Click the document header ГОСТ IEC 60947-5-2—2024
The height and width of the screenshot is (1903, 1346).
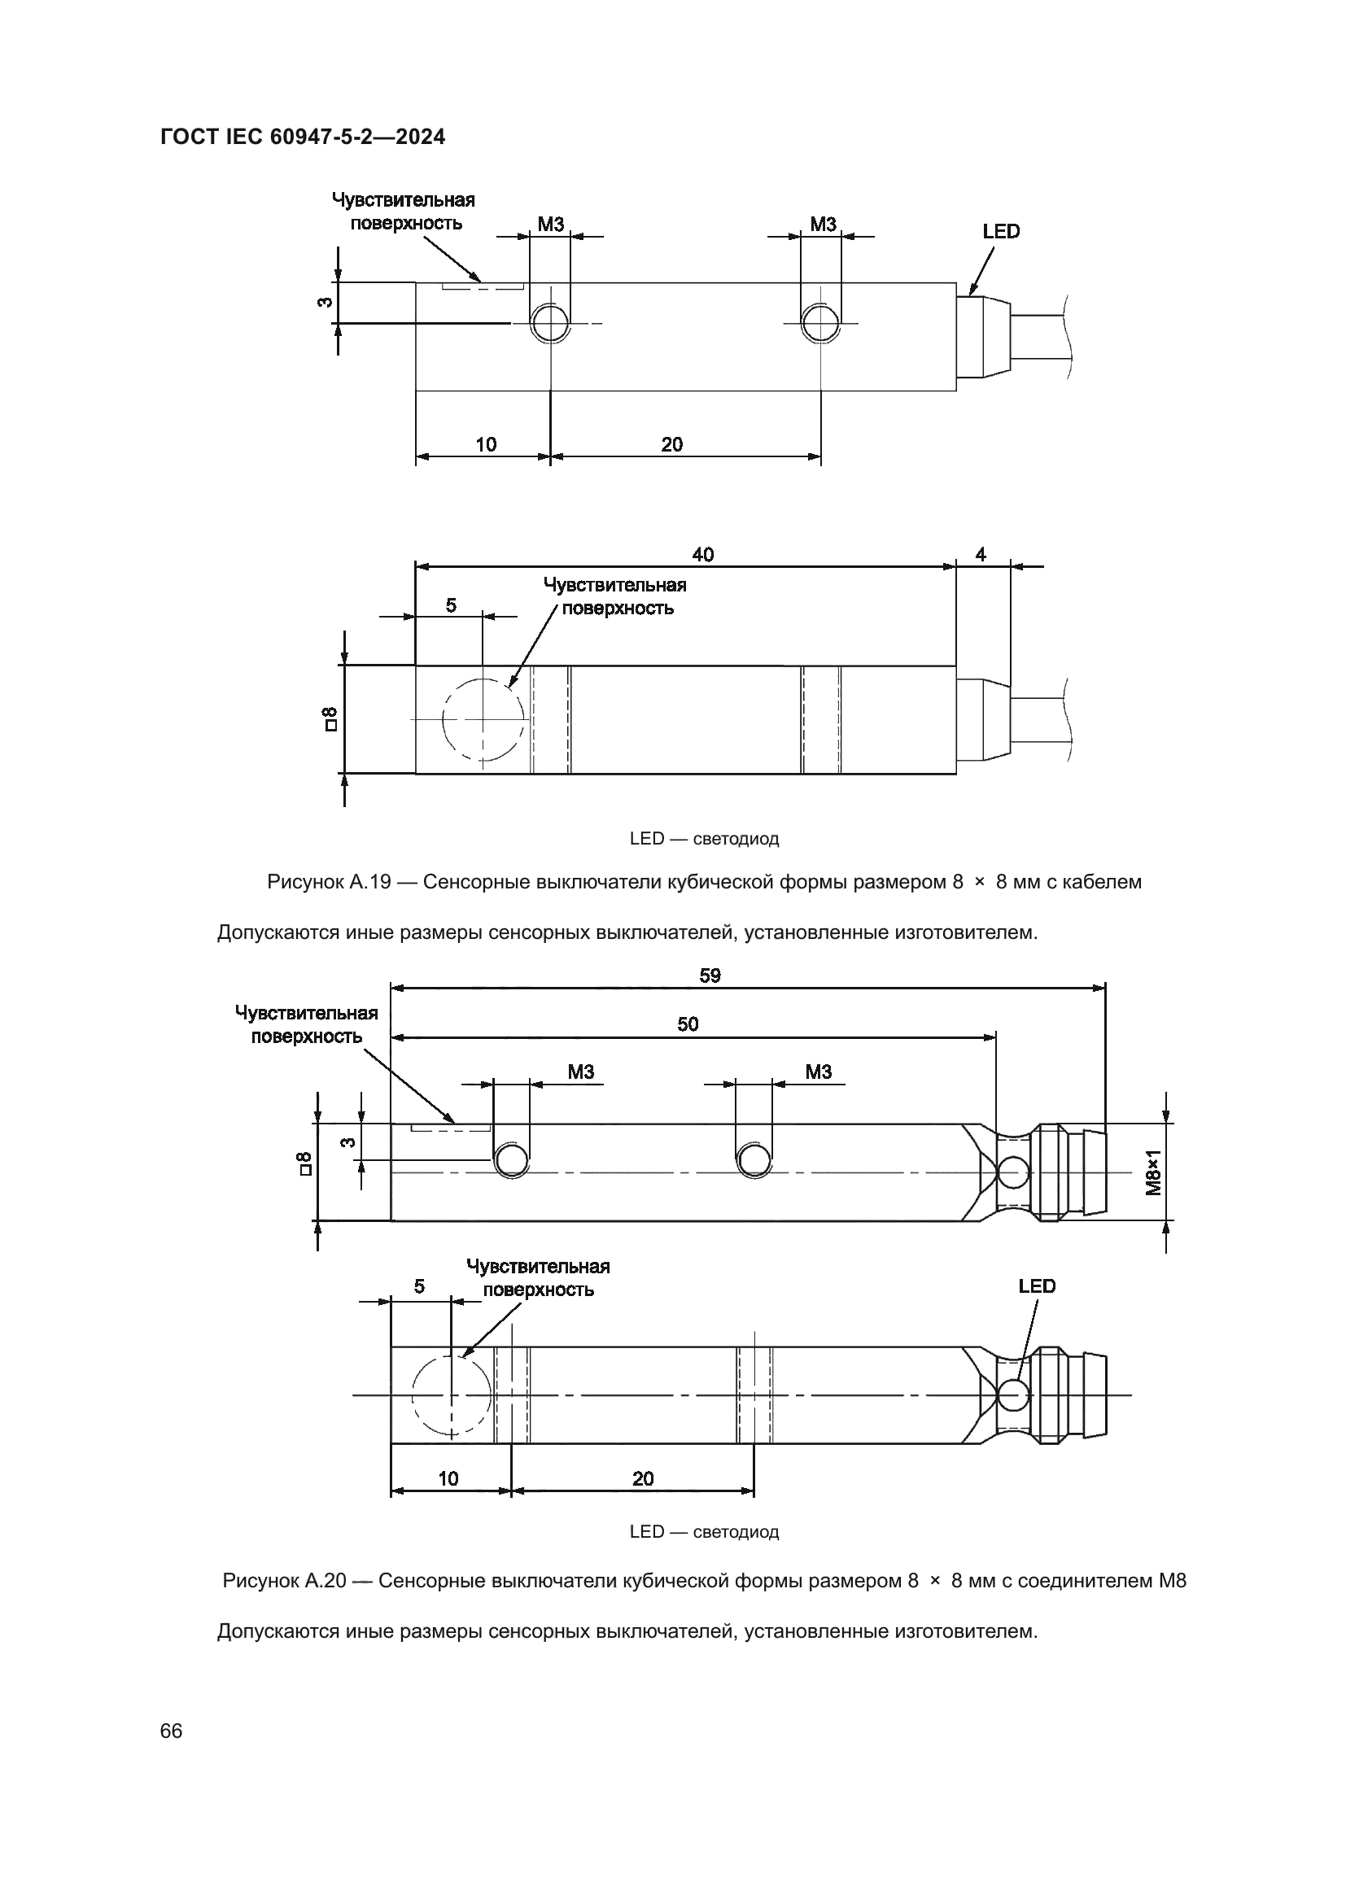[303, 137]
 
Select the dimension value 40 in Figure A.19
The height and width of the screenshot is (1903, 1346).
[702, 555]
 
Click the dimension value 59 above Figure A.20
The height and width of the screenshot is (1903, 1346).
[710, 976]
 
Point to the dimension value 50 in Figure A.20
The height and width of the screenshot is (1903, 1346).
[687, 1024]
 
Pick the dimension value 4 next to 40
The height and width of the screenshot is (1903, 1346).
[981, 555]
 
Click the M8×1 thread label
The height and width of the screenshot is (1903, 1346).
[1153, 1171]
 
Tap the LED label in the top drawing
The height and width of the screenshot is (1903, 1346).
[1000, 231]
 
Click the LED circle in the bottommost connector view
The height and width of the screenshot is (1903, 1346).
[1013, 1395]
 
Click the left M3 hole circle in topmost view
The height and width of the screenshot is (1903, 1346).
[549, 322]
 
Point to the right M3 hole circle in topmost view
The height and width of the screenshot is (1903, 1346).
[819, 322]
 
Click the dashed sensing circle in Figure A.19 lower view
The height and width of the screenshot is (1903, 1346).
[483, 718]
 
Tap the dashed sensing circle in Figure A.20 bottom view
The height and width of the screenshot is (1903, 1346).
[452, 1396]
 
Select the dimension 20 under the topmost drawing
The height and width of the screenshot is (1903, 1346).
[671, 444]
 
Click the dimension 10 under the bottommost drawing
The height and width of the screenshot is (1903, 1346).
[448, 1478]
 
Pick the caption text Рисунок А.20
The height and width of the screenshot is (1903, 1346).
[283, 1581]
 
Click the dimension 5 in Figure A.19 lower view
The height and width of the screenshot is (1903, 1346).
[451, 605]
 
